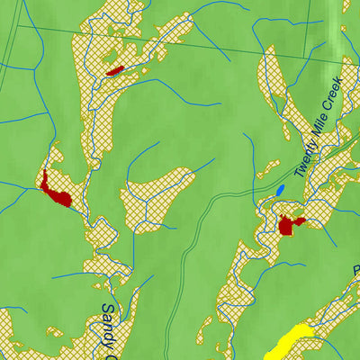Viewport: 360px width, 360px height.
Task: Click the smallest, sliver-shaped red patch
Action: tap(113, 69)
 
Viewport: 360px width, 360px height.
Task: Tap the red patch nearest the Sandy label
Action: tap(56, 191)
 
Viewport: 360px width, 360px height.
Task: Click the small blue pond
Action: tap(280, 191)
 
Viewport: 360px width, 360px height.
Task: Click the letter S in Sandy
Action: tap(105, 309)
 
